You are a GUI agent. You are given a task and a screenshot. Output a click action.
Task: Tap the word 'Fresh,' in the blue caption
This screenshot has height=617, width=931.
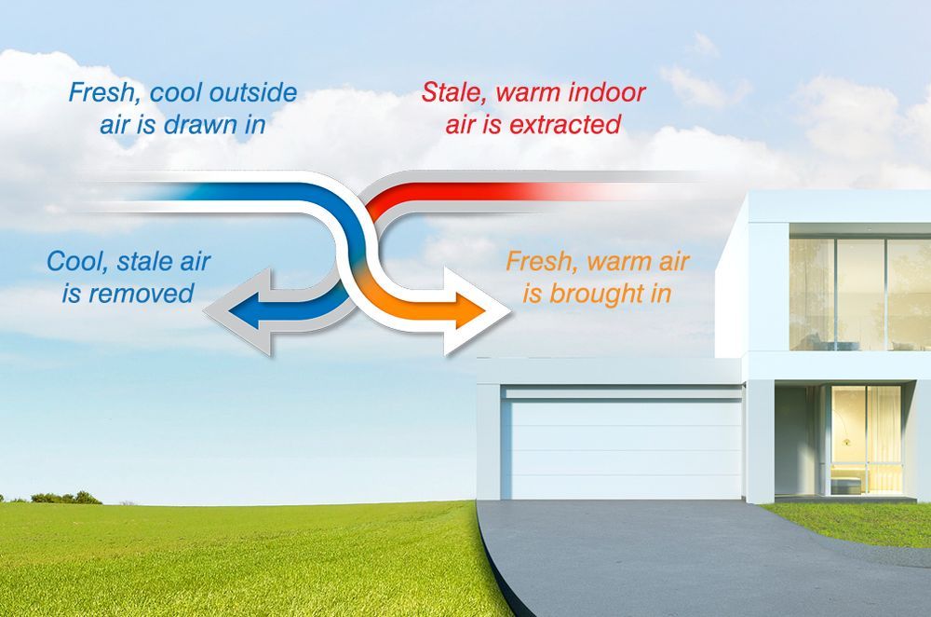click(x=102, y=93)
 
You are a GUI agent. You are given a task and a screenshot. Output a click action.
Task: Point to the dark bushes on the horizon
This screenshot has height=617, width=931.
click(x=65, y=498)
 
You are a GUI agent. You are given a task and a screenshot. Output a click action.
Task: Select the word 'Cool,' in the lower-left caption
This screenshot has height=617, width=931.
click(x=78, y=261)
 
